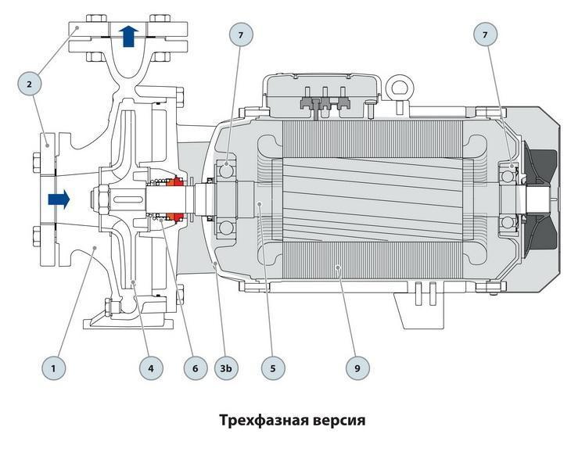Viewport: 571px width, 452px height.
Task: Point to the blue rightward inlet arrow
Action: tap(58, 199)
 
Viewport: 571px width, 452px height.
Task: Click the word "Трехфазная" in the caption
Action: tap(262, 420)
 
